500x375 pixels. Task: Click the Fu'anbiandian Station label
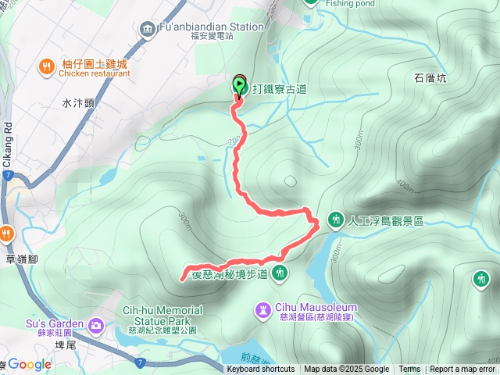click(211, 26)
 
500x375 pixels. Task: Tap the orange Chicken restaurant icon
click(46, 67)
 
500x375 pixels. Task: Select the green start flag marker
click(240, 84)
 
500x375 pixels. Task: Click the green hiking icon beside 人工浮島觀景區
click(335, 220)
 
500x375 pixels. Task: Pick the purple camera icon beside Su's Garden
click(95, 324)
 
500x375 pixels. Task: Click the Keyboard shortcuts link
click(261, 370)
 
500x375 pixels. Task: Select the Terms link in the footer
click(409, 370)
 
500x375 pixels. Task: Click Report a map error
click(462, 370)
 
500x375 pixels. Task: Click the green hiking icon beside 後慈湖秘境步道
click(280, 273)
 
